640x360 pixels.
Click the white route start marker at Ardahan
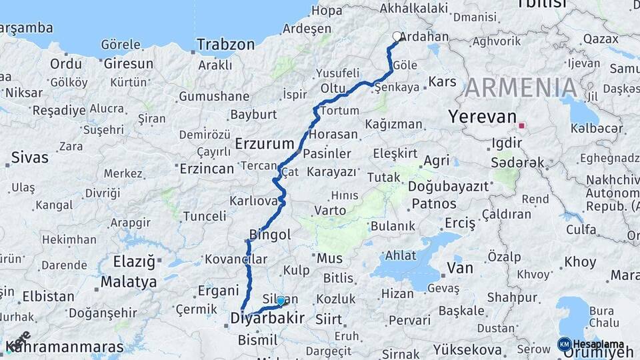397,37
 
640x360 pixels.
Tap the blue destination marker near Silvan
281,301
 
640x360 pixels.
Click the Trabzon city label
227,45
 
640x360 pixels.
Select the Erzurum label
265,143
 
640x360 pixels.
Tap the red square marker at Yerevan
521,125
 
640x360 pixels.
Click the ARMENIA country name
521,87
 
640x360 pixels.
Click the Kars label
442,81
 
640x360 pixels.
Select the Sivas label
30,158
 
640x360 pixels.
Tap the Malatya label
128,282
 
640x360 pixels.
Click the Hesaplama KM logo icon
564,344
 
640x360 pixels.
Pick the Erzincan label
207,169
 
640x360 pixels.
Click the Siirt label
328,319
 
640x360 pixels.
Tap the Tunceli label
205,216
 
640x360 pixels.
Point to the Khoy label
580,262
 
